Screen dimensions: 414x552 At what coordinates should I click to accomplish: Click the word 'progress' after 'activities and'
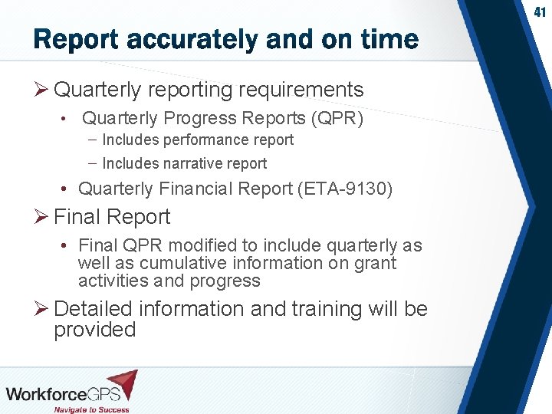228,281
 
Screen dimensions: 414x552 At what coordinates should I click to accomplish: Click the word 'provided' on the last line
94,330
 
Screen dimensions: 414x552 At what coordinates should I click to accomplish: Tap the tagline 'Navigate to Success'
90,409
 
